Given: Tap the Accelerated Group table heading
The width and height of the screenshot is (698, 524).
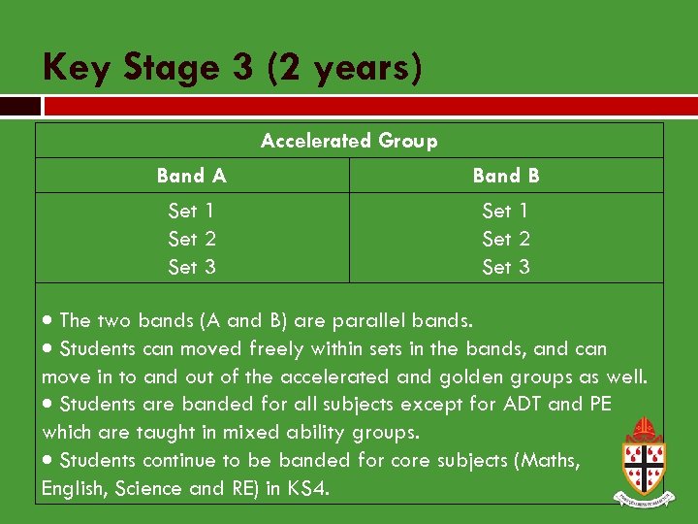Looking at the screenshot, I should pos(349,141).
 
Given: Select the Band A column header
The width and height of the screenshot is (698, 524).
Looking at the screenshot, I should pos(192,176).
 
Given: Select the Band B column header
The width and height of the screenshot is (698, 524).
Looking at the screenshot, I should pos(506,176).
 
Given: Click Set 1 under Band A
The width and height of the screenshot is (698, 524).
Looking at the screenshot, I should pos(192,211).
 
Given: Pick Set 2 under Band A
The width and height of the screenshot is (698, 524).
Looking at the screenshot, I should pos(192,239).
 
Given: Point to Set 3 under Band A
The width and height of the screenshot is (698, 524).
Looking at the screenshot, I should pos(192,267).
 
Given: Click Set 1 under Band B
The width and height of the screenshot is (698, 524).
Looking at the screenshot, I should pos(506,211).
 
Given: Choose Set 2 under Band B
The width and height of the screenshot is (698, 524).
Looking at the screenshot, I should pos(506,239).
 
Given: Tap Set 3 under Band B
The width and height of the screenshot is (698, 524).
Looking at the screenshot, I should pos(506,267).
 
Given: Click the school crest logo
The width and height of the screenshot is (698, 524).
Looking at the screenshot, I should pos(643,461).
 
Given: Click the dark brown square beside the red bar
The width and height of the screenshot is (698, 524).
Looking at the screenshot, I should pos(20,106).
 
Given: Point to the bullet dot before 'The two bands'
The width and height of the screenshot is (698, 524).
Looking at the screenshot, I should pos(48,321).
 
